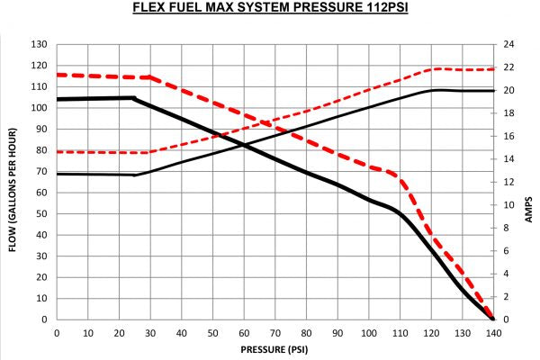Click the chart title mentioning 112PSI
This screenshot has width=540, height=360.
[x=270, y=10]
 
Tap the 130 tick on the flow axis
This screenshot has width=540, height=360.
[x=39, y=44]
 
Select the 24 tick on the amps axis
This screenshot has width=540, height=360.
[x=508, y=44]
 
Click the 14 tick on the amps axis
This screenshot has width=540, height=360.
[x=508, y=159]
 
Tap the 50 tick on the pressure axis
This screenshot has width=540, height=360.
[x=212, y=333]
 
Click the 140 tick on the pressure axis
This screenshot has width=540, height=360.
[x=493, y=333]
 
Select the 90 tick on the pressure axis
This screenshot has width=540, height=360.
[x=337, y=333]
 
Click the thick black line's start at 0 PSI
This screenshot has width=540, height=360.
[x=57, y=99]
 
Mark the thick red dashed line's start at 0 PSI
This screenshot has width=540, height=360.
[x=57, y=75]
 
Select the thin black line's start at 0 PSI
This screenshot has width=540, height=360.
[x=57, y=174]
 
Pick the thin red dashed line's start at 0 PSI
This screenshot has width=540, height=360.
[x=57, y=152]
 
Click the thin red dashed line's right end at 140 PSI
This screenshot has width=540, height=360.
[x=493, y=69]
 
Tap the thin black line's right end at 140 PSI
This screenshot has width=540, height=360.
[x=493, y=91]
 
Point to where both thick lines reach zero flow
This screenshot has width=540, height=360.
[x=493, y=319]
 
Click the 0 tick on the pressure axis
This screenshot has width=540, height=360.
[x=57, y=333]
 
